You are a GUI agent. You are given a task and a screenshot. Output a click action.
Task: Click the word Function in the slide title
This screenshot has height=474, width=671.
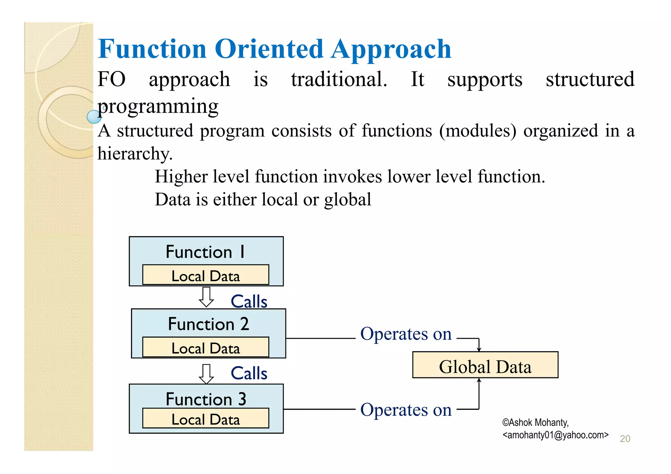tap(152, 49)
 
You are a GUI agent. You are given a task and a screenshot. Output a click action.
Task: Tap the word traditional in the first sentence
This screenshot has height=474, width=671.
tap(339, 79)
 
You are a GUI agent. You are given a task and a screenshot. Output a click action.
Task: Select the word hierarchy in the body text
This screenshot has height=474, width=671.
tap(135, 153)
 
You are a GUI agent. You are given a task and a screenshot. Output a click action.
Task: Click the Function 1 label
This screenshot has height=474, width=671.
tap(205, 252)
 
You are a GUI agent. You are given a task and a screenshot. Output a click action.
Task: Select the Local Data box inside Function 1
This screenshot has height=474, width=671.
tap(205, 275)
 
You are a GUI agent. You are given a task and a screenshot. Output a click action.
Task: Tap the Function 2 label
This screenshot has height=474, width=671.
tap(208, 324)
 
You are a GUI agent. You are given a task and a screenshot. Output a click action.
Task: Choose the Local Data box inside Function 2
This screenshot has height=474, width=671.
tap(205, 347)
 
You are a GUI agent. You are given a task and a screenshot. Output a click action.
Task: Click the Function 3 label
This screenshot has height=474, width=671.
tap(206, 399)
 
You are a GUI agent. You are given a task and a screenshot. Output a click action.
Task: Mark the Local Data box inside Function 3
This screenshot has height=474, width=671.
tap(205, 419)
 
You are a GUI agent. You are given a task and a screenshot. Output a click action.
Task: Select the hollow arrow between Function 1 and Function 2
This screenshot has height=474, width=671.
tap(206, 297)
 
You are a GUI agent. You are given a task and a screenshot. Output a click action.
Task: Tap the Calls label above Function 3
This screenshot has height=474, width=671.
tap(249, 373)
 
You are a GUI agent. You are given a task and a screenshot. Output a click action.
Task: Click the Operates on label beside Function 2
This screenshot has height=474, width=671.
tap(406, 334)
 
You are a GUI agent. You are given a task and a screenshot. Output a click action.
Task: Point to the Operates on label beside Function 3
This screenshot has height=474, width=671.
tap(406, 410)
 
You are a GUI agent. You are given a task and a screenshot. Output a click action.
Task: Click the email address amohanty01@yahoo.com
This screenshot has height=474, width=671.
tap(555, 435)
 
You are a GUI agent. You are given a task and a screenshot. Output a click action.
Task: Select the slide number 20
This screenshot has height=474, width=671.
tap(625, 439)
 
